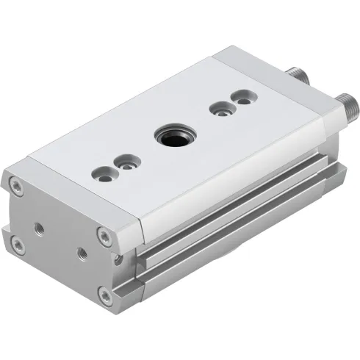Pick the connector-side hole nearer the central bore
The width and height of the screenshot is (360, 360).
(218, 110)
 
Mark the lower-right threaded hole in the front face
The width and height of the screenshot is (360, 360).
(82, 254)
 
